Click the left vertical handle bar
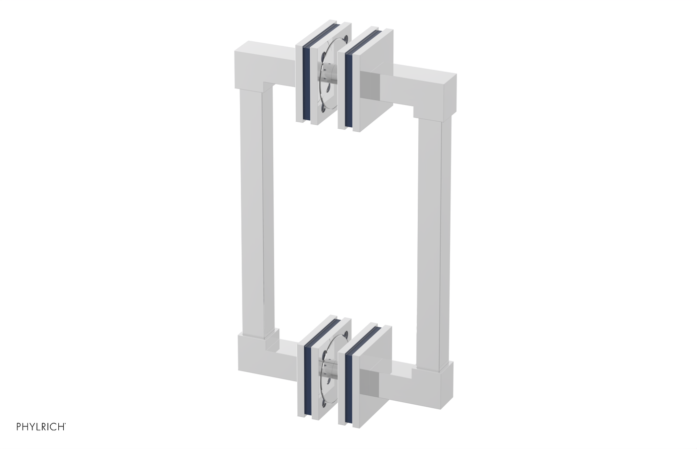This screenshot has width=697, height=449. (x=254, y=209)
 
